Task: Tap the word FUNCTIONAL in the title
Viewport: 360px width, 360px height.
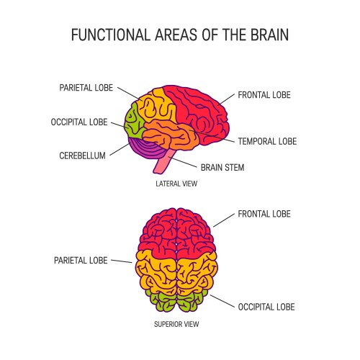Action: [x=102, y=35]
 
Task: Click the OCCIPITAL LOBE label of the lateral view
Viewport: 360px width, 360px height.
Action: [x=79, y=122]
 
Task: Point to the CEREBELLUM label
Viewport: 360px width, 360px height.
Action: [x=82, y=155]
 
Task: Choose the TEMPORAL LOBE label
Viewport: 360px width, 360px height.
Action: [x=267, y=141]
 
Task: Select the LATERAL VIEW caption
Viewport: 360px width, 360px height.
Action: [x=176, y=184]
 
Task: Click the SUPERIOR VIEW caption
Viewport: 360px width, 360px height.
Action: [x=176, y=323]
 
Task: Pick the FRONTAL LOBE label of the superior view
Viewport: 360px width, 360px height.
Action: [x=264, y=214]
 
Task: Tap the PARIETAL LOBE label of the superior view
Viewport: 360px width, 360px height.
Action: [x=81, y=260]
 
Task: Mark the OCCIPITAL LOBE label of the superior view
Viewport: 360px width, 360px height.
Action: [x=266, y=307]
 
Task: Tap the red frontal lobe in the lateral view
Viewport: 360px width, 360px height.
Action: [x=198, y=108]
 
